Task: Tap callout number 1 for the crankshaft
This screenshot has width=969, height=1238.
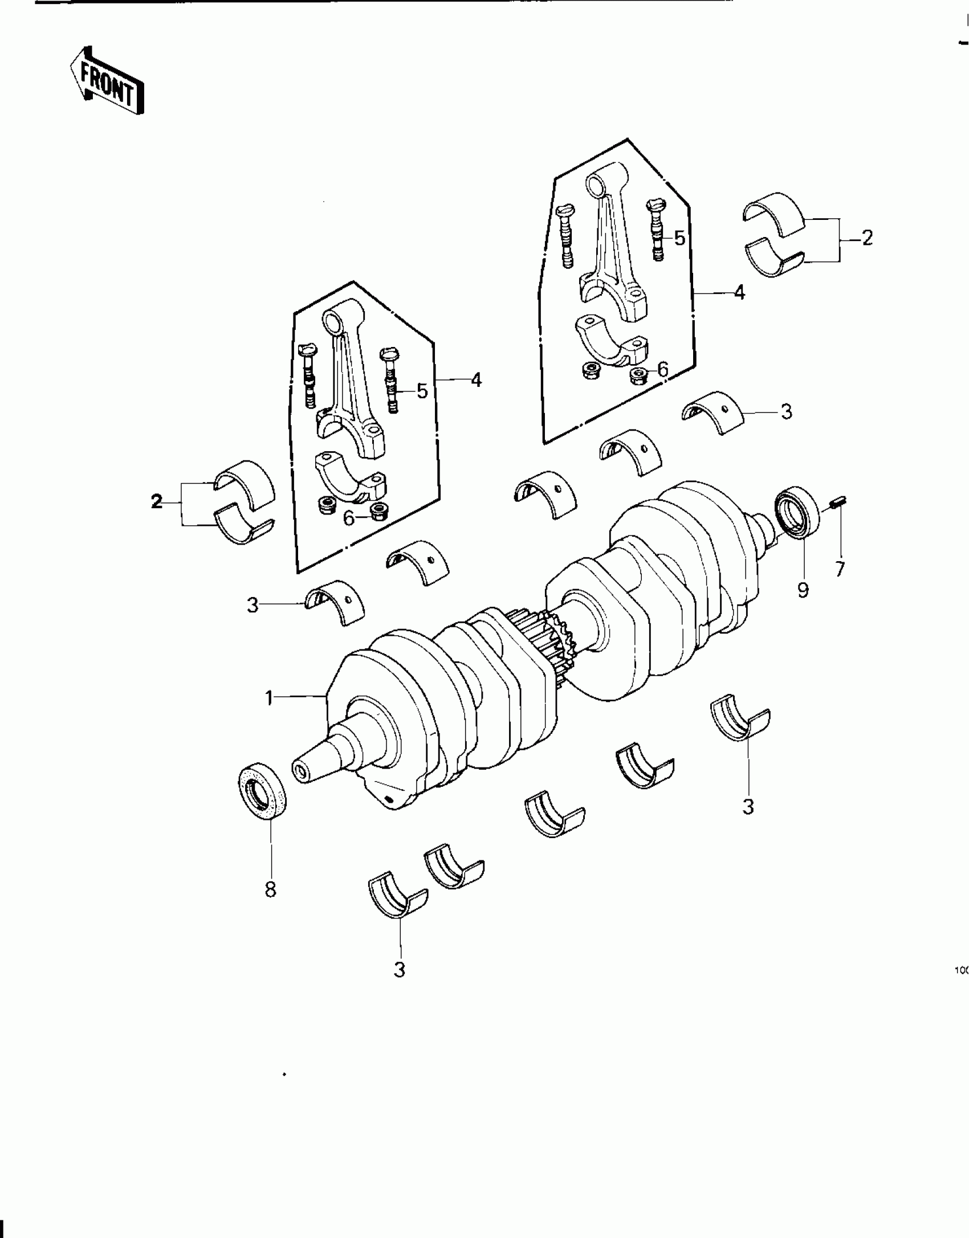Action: click(x=270, y=698)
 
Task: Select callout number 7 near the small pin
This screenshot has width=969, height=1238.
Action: click(x=840, y=569)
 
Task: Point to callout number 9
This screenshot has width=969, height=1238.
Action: click(x=803, y=590)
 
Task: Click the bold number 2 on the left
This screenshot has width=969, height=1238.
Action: click(x=156, y=501)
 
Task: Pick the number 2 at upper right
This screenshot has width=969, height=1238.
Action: click(x=866, y=238)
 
